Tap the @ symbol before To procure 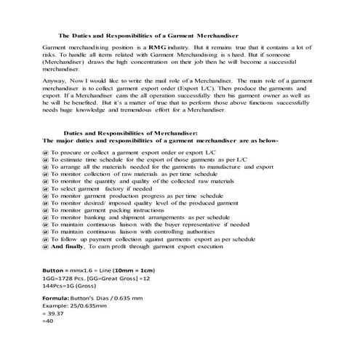click(x=46, y=151)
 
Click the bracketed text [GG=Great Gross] click(x=113, y=279)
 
